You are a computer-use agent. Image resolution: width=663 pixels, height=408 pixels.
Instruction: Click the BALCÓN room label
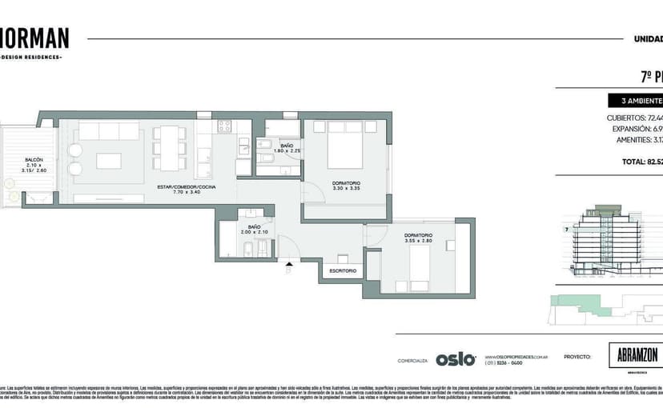click(34, 159)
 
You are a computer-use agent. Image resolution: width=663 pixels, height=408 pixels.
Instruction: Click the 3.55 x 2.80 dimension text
click(418, 240)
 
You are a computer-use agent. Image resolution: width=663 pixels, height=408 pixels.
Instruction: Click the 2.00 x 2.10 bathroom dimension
click(254, 233)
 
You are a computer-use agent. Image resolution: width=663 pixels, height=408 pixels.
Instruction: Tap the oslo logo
click(456, 359)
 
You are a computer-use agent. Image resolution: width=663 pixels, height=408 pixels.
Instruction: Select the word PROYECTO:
click(577, 358)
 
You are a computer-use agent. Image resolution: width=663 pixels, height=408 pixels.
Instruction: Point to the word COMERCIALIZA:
click(412, 361)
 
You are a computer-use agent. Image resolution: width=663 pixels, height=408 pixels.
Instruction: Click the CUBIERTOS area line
click(634, 118)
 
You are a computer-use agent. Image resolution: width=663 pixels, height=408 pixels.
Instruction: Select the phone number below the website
click(504, 363)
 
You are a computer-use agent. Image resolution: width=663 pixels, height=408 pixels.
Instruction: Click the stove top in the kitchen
click(224, 126)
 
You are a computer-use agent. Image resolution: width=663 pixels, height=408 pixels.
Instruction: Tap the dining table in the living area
click(169, 148)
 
